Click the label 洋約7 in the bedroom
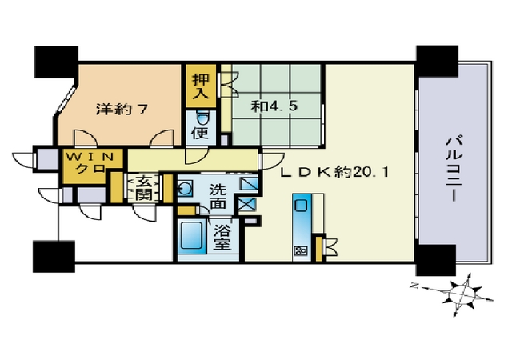(122, 109)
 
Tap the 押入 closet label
(201, 86)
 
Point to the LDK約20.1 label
(335, 171)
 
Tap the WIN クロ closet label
(90, 162)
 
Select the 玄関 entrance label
(144, 189)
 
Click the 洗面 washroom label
(218, 196)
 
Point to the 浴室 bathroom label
(222, 238)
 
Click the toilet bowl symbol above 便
(203, 118)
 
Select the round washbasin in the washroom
(185, 189)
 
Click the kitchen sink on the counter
(301, 206)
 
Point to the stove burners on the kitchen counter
(301, 250)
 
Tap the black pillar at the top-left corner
(57, 62)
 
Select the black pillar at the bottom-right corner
(435, 260)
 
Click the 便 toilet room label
(200, 134)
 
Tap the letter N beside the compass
(414, 286)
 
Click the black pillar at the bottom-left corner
(54, 257)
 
